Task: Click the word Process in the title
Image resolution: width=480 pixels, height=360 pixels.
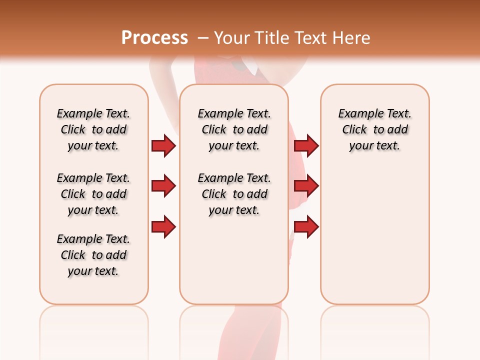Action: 154,38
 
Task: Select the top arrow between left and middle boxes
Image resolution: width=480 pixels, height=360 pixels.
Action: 163,145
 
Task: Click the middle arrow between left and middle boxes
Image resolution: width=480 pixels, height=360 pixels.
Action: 163,186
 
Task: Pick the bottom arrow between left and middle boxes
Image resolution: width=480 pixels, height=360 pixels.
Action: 163,227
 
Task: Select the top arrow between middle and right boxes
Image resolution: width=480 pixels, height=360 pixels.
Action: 306,145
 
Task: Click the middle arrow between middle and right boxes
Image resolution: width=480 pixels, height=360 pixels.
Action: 306,186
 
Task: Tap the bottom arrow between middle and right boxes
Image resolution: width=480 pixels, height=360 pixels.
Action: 306,227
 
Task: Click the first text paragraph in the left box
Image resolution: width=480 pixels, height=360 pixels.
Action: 93,129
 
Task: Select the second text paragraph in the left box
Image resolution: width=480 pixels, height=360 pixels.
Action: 93,194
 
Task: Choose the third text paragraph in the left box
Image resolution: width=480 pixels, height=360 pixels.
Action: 93,255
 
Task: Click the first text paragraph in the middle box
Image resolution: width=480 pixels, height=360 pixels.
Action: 234,129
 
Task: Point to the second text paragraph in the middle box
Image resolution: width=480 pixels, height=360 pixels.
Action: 234,194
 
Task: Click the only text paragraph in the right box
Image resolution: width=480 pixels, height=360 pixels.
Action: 375,129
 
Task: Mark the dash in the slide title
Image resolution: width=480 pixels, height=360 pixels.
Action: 203,38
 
